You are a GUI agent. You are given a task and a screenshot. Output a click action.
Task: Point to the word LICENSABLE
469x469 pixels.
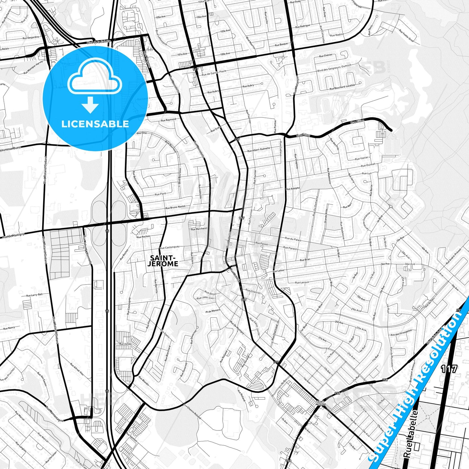tap(95, 124)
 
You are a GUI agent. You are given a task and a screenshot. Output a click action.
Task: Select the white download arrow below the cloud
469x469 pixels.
tap(90, 105)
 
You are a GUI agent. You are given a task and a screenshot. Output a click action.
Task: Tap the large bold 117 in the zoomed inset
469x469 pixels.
tap(449, 369)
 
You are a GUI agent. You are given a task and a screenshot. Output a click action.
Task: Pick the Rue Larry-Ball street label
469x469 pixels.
tap(34, 295)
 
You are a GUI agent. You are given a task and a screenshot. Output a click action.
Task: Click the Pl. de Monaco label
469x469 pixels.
tap(213, 311)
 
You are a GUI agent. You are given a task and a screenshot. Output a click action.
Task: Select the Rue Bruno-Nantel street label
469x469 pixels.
tap(175, 207)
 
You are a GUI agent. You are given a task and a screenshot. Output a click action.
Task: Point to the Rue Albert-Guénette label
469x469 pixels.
tap(259, 150)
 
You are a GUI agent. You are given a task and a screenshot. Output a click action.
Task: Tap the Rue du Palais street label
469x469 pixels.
tap(293, 240)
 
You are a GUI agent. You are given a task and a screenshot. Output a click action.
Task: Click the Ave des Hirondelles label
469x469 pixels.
tap(401, 333)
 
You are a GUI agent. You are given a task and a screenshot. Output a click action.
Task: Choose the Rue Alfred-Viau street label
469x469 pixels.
tap(77, 369)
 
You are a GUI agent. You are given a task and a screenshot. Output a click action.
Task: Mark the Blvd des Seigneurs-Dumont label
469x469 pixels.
tap(334, 68)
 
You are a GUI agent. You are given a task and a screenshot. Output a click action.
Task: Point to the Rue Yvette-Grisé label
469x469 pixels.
tap(406, 36)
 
